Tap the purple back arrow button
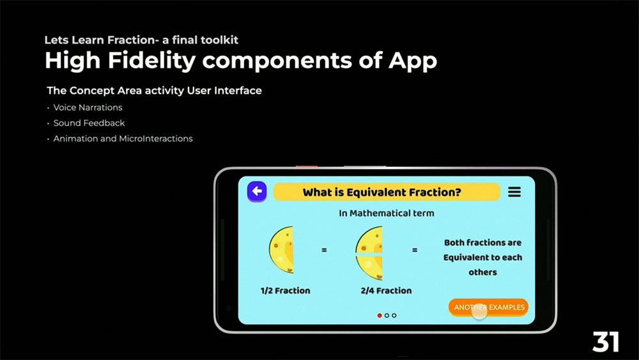pos(257,191)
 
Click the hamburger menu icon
pos(514,192)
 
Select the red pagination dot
pos(380,316)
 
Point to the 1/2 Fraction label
pos(285,291)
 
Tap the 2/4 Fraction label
pos(386,291)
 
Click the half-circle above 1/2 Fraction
pos(281,249)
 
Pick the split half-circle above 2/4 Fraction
pos(369,253)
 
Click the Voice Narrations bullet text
pos(88,107)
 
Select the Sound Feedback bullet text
pos(89,123)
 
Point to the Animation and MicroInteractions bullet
pos(123,139)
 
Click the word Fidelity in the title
pos(152,61)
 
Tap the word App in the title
pos(413,61)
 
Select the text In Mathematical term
pos(387,213)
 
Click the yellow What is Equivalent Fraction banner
pos(387,192)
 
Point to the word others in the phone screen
pos(482,272)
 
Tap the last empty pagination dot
pos(394,316)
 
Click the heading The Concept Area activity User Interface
pos(154,91)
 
